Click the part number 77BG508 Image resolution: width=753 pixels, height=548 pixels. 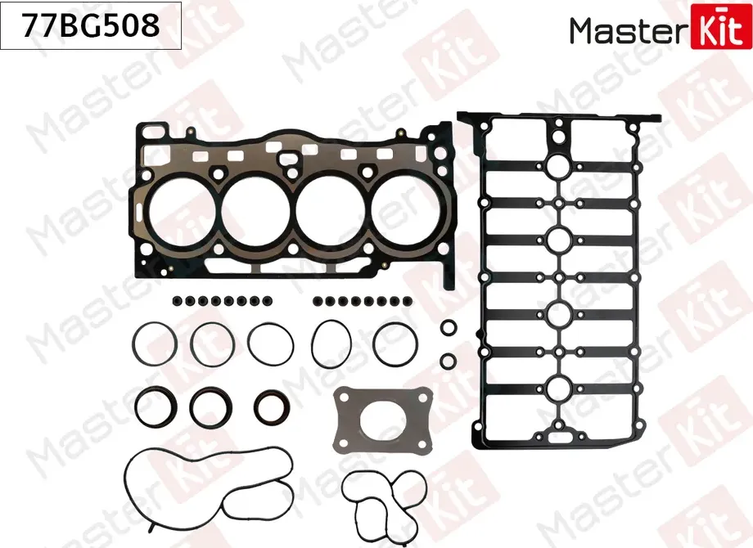91,26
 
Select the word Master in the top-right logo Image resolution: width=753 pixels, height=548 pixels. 630,30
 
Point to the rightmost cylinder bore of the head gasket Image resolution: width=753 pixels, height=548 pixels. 407,209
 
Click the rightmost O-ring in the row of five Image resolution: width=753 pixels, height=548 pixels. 395,343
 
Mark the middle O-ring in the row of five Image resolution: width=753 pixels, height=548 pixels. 271,344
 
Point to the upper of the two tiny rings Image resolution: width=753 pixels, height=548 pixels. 449,328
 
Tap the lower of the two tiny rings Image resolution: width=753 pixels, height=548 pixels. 449,360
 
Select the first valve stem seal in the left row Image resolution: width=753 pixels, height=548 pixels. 177,300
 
